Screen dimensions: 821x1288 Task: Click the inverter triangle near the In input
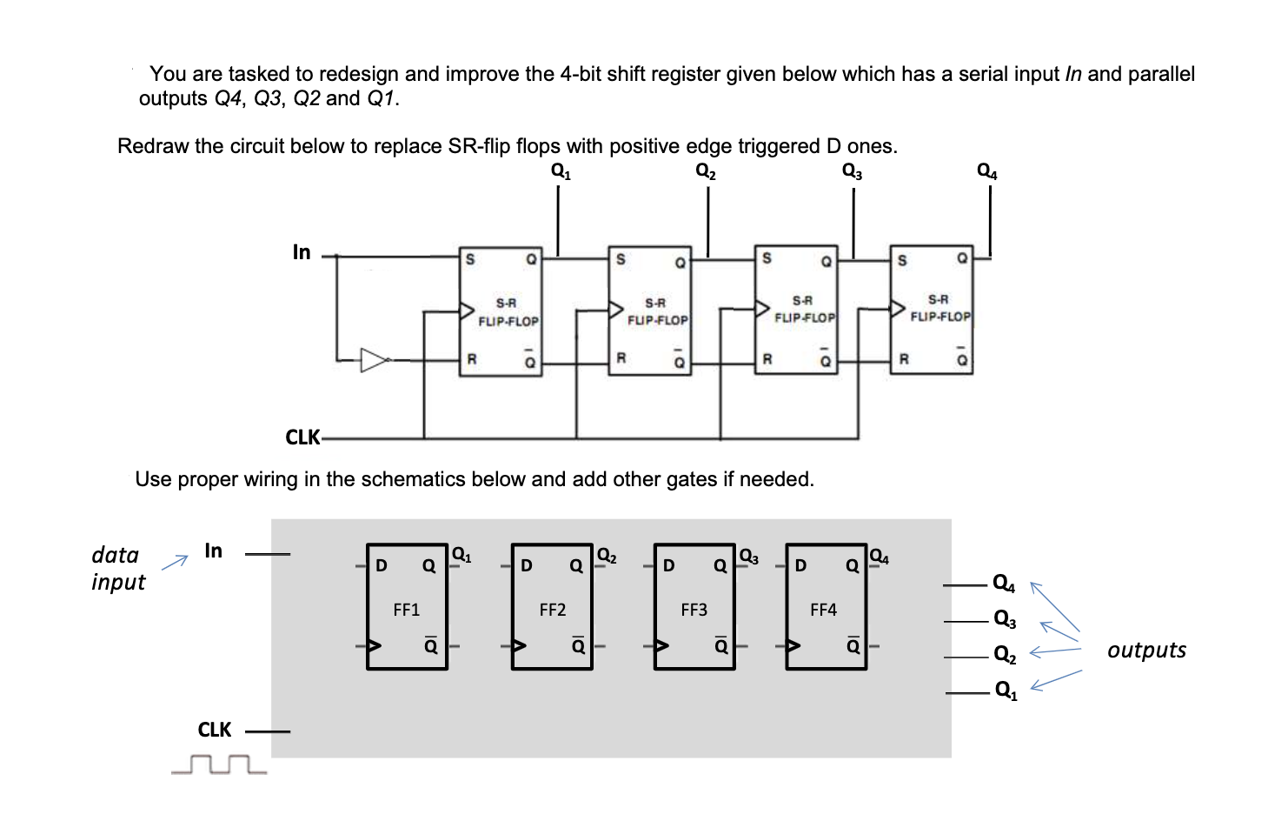375,360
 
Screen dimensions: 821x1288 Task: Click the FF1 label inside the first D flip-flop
406,610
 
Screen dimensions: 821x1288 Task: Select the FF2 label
552,610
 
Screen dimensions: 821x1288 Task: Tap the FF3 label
694,610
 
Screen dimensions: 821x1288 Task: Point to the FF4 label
823,610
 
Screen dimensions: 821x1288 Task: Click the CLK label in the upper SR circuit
302,437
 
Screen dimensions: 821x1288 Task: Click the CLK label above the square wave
215,730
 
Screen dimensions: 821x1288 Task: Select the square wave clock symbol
220,765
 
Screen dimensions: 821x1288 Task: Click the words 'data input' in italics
117,568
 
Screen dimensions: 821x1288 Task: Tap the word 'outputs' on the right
1146,650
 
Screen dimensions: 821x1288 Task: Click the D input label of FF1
380,565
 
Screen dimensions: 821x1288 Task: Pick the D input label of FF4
800,565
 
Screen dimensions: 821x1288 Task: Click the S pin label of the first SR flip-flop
470,259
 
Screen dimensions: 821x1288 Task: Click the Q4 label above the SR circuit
987,171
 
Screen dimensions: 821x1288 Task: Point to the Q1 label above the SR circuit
561,170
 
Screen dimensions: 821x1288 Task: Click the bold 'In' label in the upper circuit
302,252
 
